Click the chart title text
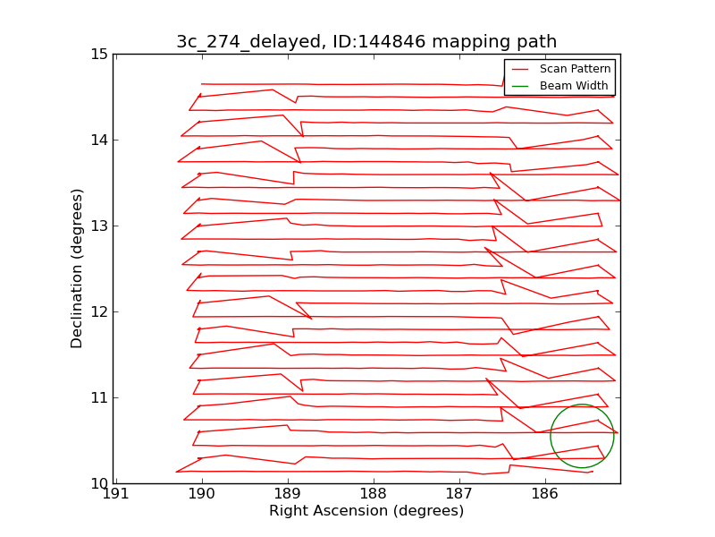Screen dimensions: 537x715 (366, 42)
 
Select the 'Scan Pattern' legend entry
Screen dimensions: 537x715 (575, 69)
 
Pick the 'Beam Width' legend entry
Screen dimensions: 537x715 (574, 86)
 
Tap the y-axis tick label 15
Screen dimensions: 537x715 (98, 55)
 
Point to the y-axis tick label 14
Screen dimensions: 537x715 (98, 141)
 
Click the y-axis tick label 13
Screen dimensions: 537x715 (98, 226)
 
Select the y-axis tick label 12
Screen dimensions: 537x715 (98, 312)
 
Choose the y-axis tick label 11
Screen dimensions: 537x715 (98, 398)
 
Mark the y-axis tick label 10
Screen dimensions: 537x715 (98, 484)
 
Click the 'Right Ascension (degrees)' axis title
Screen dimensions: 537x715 (366, 511)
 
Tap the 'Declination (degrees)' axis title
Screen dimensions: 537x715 (78, 268)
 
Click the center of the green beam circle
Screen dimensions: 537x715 (582, 436)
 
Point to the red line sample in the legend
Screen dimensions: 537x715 (521, 69)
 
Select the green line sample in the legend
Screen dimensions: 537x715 (521, 86)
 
